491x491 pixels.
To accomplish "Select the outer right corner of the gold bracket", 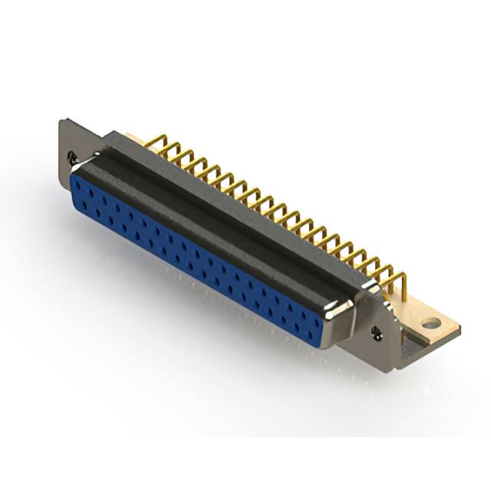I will pos(459,328).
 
